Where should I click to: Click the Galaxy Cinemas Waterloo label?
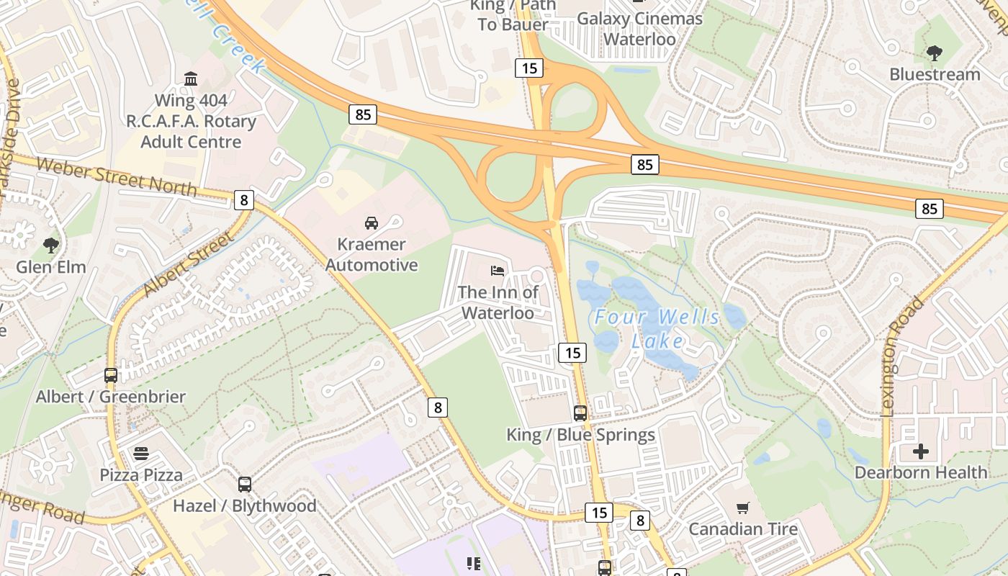click(639, 28)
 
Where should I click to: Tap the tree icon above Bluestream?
click(935, 53)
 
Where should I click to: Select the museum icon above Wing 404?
click(191, 78)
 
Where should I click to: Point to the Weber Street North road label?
click(116, 176)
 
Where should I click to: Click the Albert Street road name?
click(188, 264)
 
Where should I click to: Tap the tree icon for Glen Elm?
click(51, 246)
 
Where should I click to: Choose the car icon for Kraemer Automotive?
click(372, 223)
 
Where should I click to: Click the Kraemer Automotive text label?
click(372, 255)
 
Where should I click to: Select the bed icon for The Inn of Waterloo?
click(498, 271)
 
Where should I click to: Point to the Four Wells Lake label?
click(657, 328)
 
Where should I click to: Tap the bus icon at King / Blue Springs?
click(580, 413)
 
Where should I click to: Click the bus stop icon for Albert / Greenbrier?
click(111, 375)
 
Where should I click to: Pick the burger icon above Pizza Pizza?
click(141, 454)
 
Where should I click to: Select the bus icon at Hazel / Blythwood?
click(245, 485)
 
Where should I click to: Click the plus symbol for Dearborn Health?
click(920, 451)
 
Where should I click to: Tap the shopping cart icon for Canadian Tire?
click(743, 508)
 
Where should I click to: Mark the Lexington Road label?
click(898, 357)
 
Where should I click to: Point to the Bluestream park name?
click(935, 74)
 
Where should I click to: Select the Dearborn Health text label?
click(920, 473)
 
